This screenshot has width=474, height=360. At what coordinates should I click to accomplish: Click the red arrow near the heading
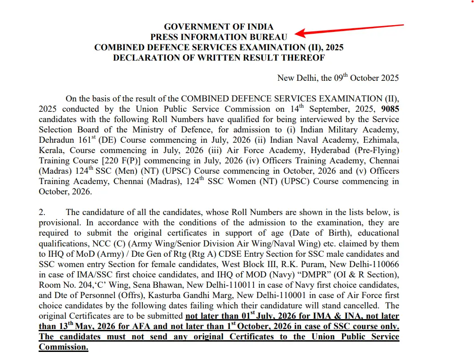click(350, 30)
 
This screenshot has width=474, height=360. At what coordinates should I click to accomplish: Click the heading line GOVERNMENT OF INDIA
click(219, 27)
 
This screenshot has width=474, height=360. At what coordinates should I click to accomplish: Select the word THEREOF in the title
click(303, 58)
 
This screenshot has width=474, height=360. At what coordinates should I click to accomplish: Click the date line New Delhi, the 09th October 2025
click(338, 78)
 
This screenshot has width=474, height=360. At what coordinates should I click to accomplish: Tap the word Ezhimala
click(383, 140)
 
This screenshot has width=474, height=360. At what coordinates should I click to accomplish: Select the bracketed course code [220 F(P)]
click(118, 161)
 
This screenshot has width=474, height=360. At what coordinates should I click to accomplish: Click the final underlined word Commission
click(63, 347)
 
